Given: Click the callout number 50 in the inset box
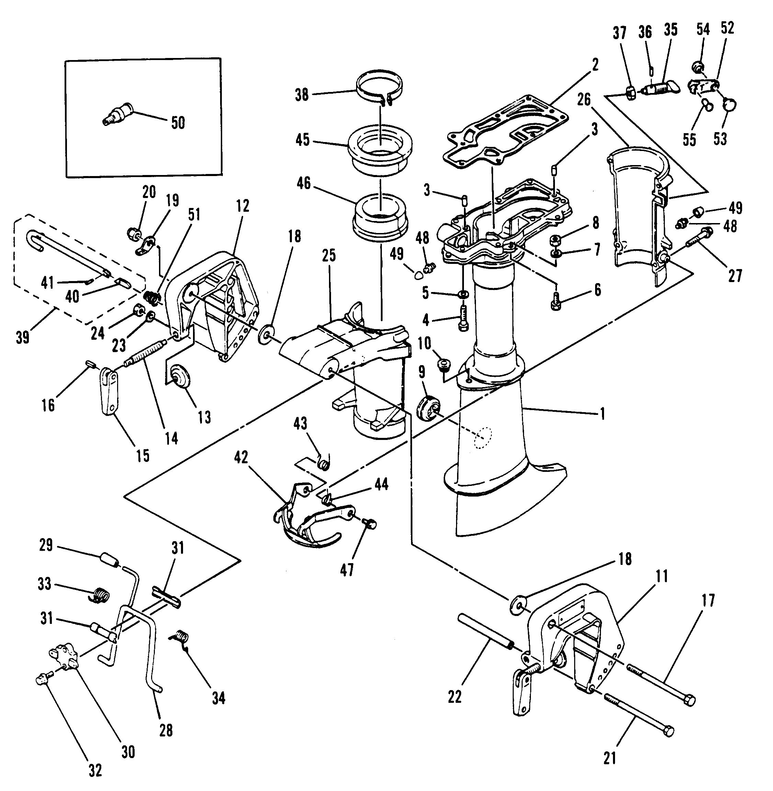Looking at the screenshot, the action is pyautogui.click(x=178, y=123).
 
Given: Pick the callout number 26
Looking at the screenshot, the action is pyautogui.click(x=584, y=100).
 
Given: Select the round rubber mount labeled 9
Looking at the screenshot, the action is pyautogui.click(x=428, y=406).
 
